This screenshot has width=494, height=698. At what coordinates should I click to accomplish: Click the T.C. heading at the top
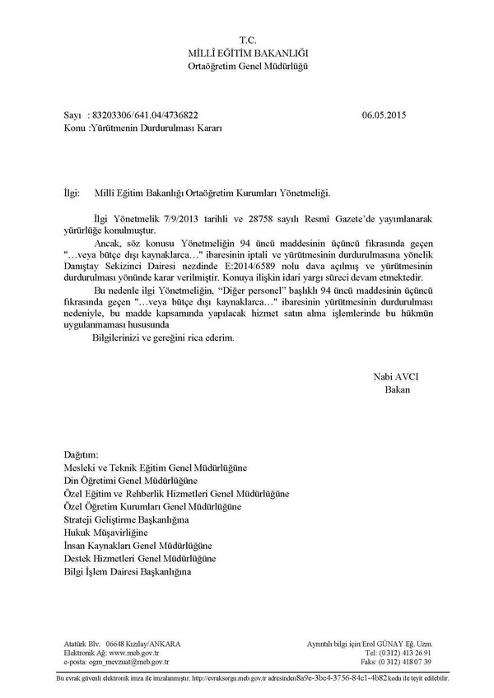(248, 40)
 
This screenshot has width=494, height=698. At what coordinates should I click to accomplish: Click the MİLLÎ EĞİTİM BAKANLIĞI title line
(248, 53)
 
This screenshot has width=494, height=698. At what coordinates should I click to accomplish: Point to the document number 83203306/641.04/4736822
(145, 116)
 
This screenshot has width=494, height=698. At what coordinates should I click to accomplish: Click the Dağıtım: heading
(81, 454)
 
